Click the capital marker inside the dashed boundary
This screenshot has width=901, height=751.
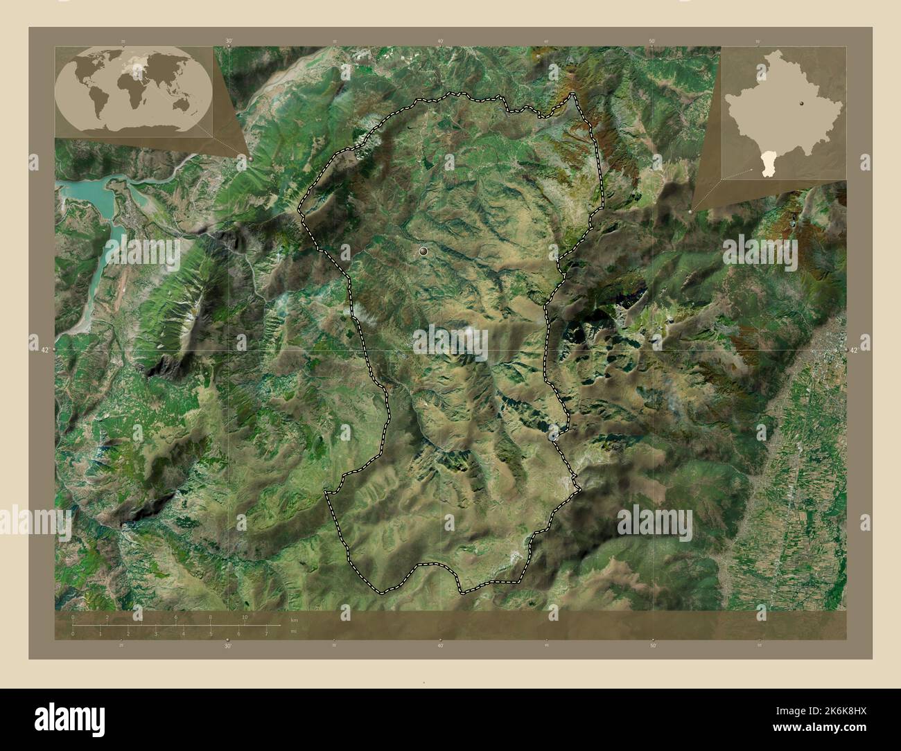423,253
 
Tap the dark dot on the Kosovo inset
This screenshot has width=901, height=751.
801,103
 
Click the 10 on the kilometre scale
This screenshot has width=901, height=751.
245,617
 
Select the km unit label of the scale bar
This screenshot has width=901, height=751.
294,619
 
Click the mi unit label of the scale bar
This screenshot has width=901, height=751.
294,631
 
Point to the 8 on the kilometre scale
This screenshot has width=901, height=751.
210,617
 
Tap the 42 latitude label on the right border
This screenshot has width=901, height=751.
854,350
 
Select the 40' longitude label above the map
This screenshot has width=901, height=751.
440,41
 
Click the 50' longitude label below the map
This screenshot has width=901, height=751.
652,645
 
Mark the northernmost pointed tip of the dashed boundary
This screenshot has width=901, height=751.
573,94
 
